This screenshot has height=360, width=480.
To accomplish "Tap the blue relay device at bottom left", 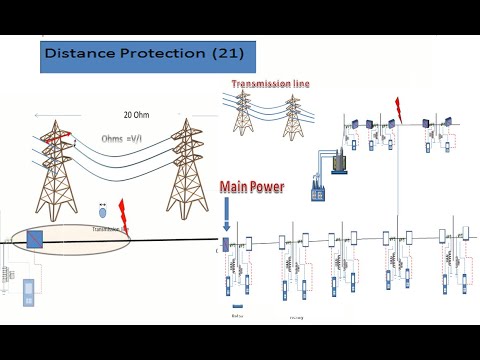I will [x=28, y=291].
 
